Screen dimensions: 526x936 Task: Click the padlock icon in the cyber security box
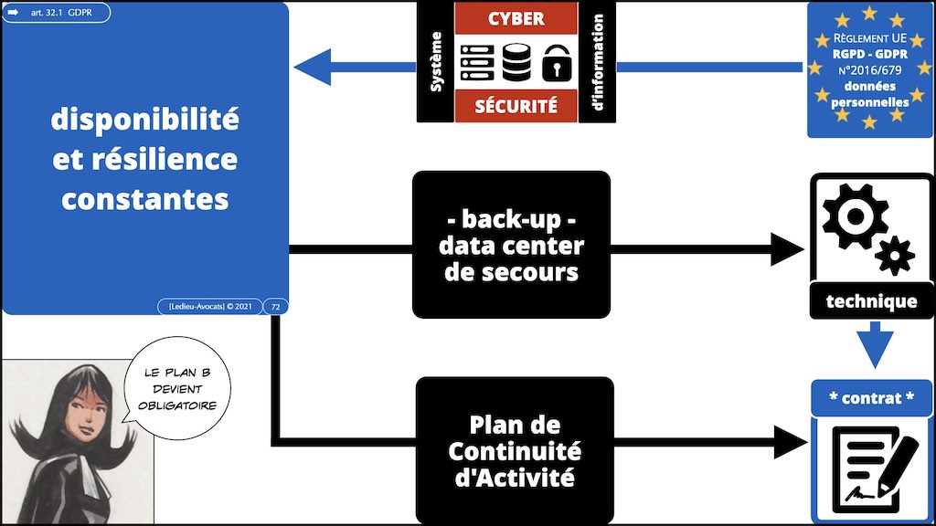[x=556, y=63]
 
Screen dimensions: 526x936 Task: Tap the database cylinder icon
[x=516, y=61]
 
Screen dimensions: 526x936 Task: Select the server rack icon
[x=476, y=61]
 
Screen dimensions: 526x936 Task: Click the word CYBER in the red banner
[x=516, y=18]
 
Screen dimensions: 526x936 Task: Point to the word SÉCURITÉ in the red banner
[x=516, y=106]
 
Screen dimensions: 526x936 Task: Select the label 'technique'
[x=870, y=300]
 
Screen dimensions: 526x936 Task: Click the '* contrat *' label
[x=870, y=398]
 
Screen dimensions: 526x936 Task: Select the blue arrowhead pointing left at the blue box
[x=312, y=67]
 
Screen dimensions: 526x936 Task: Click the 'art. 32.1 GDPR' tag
[x=57, y=14]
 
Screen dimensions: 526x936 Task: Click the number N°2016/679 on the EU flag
[x=869, y=71]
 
